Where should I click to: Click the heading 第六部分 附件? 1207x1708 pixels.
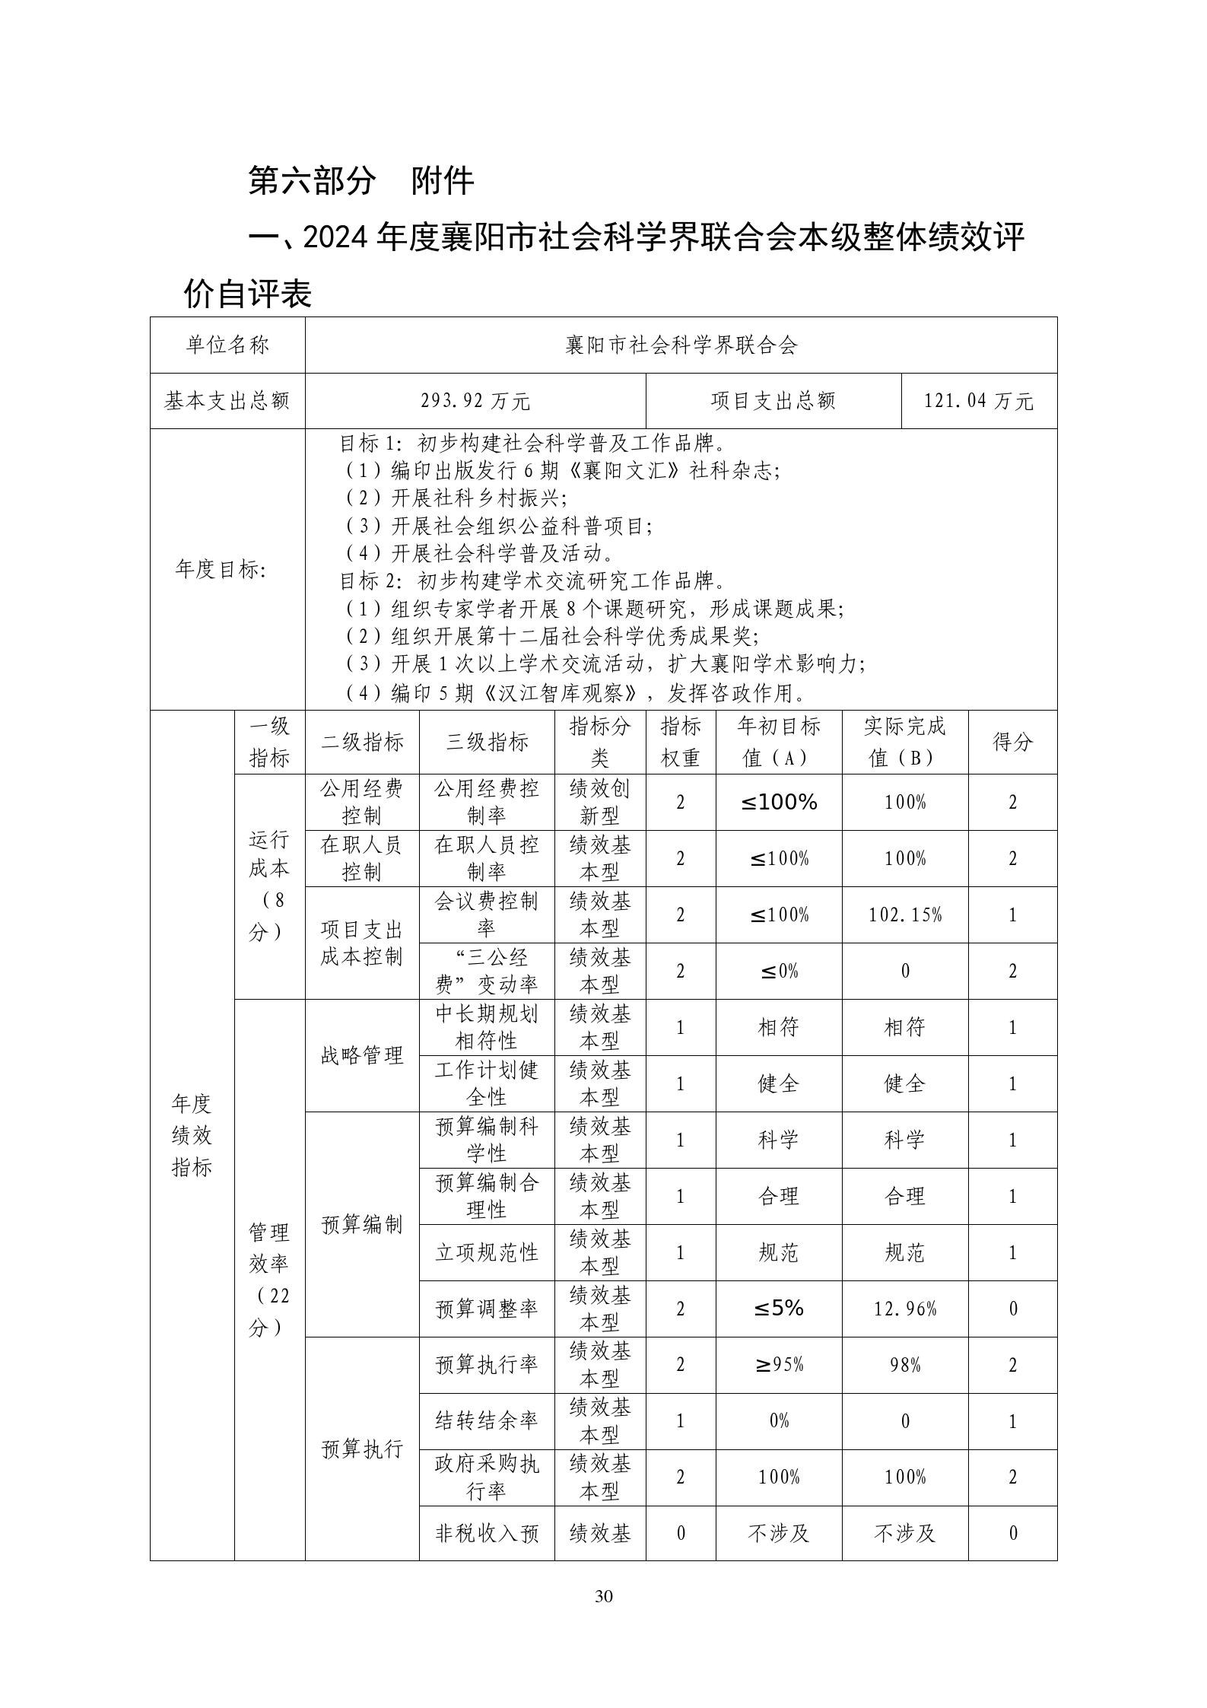coord(361,181)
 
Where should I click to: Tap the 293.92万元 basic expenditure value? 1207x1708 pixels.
coord(475,401)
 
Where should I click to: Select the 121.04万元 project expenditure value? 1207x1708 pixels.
coord(979,401)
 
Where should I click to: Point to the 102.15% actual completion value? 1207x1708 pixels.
coord(905,914)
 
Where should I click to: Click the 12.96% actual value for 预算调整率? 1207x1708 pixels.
coord(905,1309)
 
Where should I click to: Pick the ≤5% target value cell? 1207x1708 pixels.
coord(779,1309)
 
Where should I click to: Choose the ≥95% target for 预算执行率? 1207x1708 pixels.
coord(779,1365)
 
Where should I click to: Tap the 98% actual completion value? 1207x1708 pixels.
coord(905,1365)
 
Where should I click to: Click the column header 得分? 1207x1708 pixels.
coord(1012,742)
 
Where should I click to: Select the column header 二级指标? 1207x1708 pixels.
coord(362,742)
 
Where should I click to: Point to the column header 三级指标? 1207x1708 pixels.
coord(487,742)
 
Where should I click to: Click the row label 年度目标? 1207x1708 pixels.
coord(221,569)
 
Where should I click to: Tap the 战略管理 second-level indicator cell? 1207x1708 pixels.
coord(362,1055)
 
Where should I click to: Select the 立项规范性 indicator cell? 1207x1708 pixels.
coord(487,1252)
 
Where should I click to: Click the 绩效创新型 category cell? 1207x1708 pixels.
coord(599,802)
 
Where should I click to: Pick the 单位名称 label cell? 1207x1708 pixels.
coord(227,345)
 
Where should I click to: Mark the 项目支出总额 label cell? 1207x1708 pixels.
coord(773,401)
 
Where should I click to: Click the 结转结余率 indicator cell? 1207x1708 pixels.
coord(487,1421)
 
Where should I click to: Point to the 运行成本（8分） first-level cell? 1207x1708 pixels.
coord(269,886)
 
